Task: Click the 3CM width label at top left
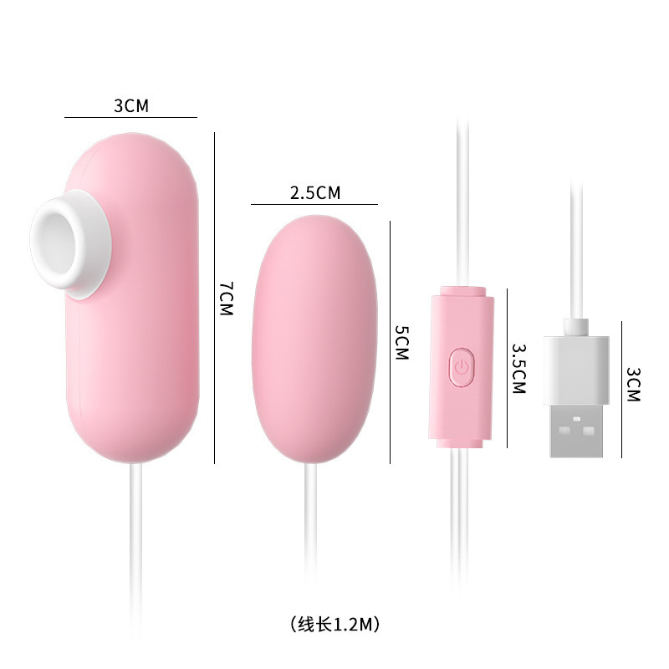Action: [130, 105]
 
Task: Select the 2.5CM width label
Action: [314, 193]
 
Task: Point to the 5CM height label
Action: [401, 342]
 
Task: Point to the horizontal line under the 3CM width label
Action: [130, 117]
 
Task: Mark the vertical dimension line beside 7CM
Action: [215, 297]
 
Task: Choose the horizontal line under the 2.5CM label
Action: [314, 204]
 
